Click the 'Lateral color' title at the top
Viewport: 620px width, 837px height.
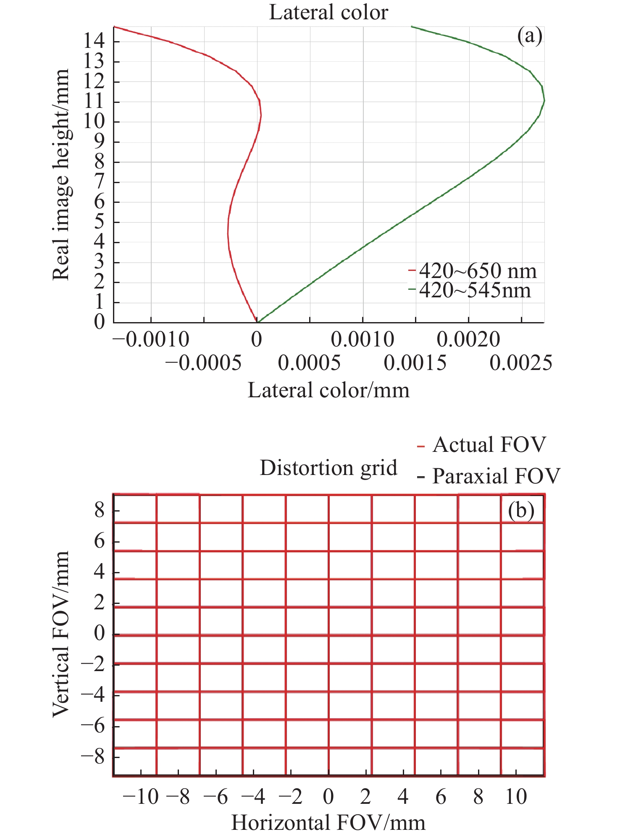pos(328,12)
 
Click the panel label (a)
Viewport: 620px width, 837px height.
pos(530,36)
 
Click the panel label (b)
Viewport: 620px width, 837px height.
pos(521,510)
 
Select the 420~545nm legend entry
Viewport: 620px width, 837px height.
pos(475,290)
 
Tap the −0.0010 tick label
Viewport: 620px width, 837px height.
pos(151,339)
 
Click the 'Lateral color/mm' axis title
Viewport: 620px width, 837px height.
pos(328,390)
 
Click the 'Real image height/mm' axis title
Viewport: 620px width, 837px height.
pos(61,175)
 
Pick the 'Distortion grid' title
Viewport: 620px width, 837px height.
pos(328,468)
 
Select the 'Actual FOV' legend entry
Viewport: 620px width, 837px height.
pos(489,445)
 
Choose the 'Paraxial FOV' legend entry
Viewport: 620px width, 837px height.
pos(496,476)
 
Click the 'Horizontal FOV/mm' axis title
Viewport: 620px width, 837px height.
pos(328,823)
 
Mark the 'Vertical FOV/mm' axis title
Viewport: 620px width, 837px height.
pos(61,634)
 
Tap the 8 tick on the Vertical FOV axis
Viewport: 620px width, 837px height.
pos(99,511)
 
